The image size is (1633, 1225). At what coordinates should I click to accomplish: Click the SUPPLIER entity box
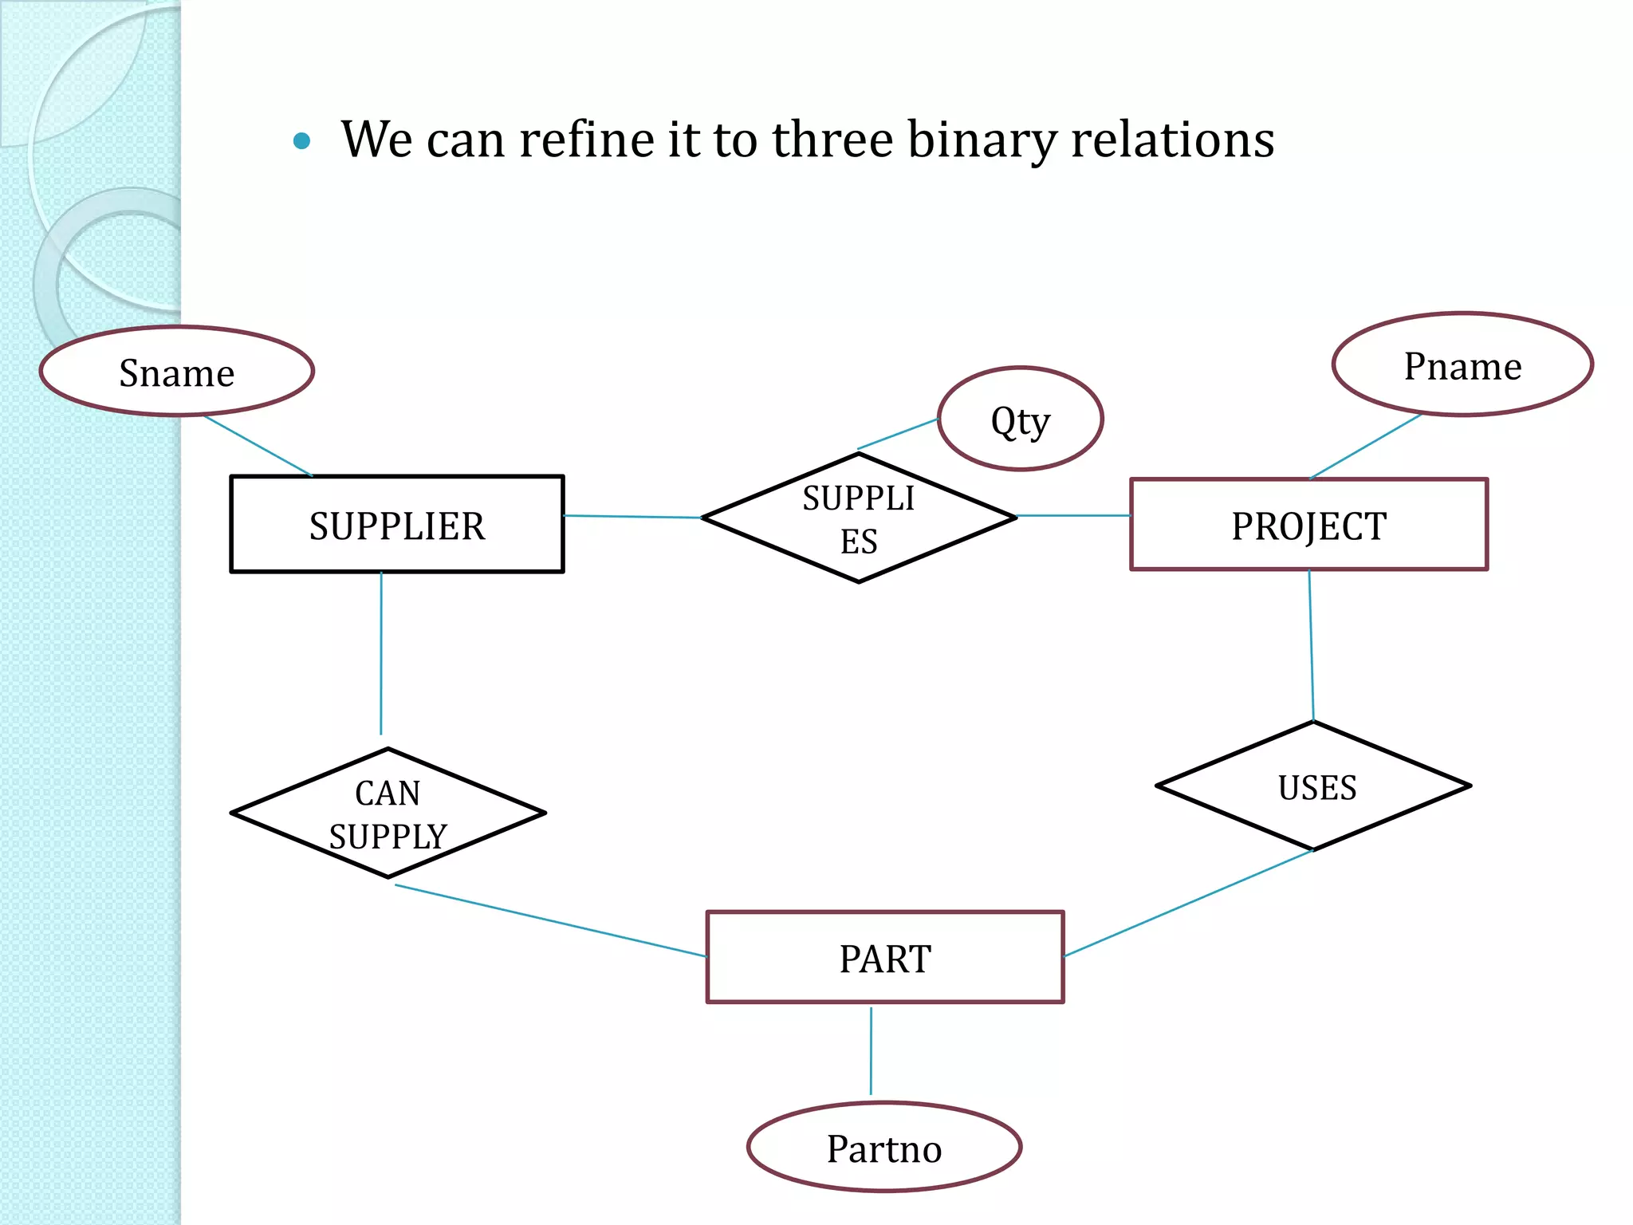click(396, 524)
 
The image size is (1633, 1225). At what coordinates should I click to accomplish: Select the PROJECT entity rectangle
click(1308, 524)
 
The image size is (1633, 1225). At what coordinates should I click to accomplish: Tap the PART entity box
click(885, 957)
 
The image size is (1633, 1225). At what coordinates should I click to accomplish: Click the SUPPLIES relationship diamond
click(859, 518)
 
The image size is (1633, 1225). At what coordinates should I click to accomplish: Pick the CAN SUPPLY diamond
click(388, 813)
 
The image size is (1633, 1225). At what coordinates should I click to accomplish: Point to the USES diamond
click(1313, 786)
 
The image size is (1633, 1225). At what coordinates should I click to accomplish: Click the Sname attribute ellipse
click(177, 372)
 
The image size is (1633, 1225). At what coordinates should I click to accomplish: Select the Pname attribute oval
click(1462, 365)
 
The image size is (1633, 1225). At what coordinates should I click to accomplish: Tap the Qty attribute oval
click(1020, 419)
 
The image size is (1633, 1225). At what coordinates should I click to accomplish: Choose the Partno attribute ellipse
click(884, 1148)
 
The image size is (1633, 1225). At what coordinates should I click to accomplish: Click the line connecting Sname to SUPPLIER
click(258, 446)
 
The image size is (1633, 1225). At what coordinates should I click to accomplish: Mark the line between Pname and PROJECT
click(1366, 447)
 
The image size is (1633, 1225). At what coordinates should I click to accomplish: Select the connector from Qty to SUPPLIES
click(898, 434)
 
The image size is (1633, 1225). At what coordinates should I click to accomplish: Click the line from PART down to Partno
click(871, 1050)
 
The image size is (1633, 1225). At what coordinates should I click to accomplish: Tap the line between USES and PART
click(1188, 903)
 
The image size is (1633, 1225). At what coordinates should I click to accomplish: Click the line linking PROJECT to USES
click(1312, 646)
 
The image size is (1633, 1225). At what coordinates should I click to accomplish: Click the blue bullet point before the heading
click(301, 142)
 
